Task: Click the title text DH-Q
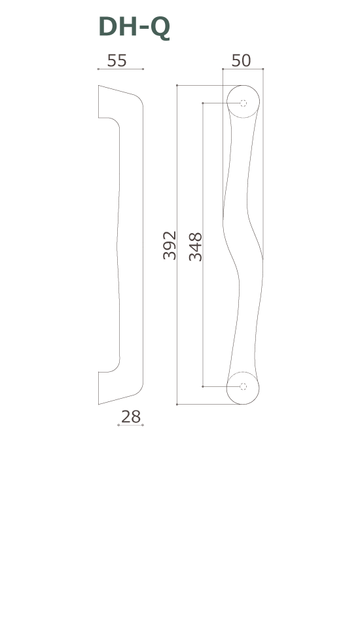point(134,27)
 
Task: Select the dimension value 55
point(117,60)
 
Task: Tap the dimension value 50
point(241,60)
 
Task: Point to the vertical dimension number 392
point(170,245)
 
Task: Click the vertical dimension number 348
point(195,246)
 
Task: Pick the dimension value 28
point(131,417)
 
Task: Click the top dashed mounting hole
point(243,103)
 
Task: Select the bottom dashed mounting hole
point(243,387)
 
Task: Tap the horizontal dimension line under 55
point(120,69)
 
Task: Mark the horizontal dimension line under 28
point(130,425)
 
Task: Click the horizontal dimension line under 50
point(242,69)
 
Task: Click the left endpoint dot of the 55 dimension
point(98,69)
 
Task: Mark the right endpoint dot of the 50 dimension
point(262,69)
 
